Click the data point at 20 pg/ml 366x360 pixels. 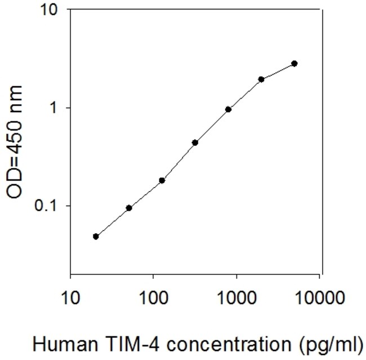click(96, 237)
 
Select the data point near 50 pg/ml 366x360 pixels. click(129, 208)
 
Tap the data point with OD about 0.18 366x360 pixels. click(162, 180)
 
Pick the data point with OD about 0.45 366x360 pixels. click(195, 143)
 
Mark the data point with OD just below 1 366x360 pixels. click(229, 109)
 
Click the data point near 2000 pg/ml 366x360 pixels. click(261, 79)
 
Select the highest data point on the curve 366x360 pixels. click(294, 64)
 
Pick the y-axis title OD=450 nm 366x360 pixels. click(17, 141)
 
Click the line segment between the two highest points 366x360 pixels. click(278, 72)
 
